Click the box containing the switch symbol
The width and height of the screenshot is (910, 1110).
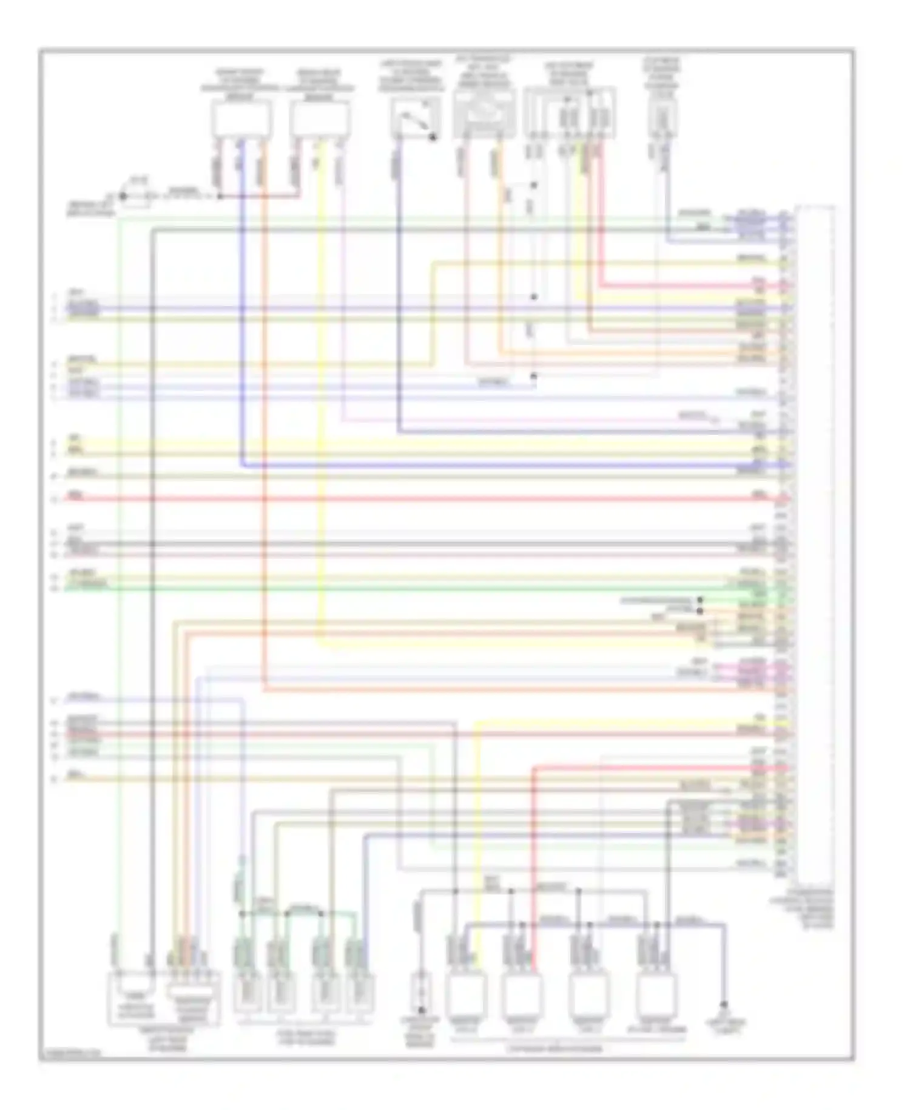click(415, 118)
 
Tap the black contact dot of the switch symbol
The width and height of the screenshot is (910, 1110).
click(433, 138)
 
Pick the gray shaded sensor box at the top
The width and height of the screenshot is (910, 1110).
click(485, 112)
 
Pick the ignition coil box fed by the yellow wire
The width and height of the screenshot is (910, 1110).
click(466, 995)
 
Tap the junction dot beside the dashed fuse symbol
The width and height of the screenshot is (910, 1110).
click(123, 196)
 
